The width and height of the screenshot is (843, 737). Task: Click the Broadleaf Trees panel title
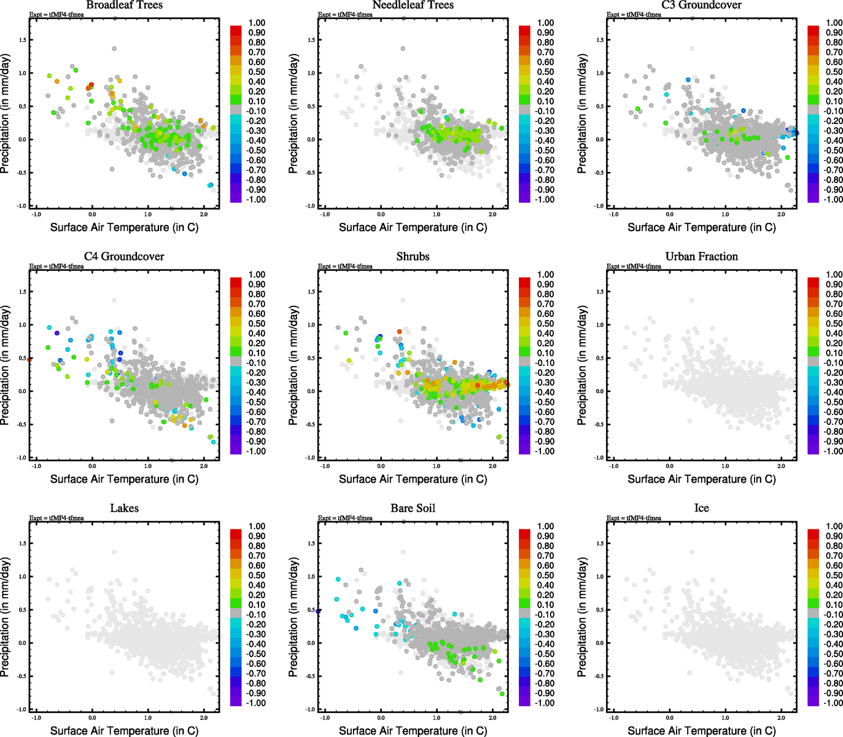click(x=124, y=5)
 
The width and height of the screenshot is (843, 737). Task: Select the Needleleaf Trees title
click(x=413, y=5)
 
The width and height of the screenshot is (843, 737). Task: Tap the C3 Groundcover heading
click(x=701, y=5)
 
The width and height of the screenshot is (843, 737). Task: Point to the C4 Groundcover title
click(x=124, y=257)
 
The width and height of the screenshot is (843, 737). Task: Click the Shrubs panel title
click(x=413, y=257)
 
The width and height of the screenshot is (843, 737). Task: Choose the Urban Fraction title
click(x=701, y=257)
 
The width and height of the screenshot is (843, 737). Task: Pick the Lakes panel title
click(x=124, y=509)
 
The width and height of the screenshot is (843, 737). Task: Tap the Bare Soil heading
click(x=413, y=509)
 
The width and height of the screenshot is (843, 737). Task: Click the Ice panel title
click(x=701, y=509)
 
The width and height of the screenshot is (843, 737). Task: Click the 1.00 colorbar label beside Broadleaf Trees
click(x=257, y=23)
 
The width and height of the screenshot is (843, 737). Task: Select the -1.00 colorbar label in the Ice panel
click(x=833, y=703)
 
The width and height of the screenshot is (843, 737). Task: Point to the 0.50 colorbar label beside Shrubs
click(x=545, y=324)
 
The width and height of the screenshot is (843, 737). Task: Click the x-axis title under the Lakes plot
click(x=124, y=731)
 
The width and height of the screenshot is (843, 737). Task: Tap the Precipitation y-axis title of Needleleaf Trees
click(x=293, y=114)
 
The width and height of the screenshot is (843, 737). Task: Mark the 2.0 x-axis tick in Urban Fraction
click(x=781, y=466)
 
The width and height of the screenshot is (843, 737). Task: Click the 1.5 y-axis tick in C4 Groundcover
click(x=22, y=292)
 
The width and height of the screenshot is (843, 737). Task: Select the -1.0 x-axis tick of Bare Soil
click(x=325, y=718)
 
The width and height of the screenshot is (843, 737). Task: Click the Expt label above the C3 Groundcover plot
click(x=634, y=15)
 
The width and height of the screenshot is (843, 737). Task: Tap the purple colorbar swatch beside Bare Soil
click(x=525, y=700)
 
